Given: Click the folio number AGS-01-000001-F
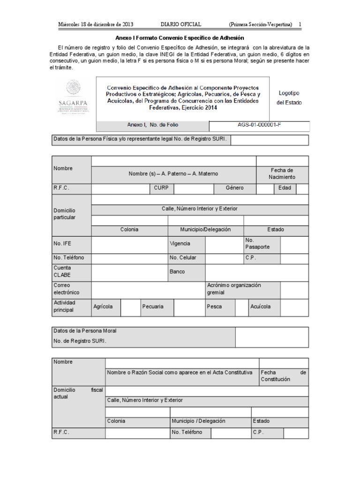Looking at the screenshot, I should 260,125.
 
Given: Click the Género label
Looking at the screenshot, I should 234,188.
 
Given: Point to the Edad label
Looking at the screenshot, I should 285,188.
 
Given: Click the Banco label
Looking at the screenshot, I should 177,271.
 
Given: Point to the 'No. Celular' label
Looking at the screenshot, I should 183,258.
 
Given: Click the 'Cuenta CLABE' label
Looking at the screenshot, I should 62,271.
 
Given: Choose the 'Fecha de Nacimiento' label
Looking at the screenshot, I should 282,173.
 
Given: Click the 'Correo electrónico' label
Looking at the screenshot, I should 66,289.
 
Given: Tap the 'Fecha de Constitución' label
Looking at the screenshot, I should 283,375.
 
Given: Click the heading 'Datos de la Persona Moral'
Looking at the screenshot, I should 85,331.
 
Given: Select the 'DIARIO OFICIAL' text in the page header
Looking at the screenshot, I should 181,24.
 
